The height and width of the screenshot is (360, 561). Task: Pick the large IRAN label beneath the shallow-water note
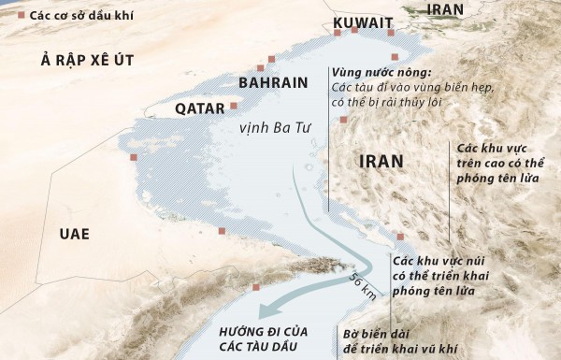[x=381, y=161]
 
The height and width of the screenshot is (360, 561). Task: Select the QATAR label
[x=199, y=108]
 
